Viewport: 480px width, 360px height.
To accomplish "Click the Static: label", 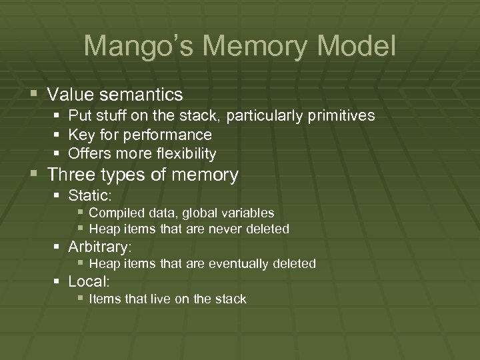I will coord(91,196).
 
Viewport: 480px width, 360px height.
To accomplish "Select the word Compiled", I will coord(115,213).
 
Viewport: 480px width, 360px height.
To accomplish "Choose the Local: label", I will coord(89,281).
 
